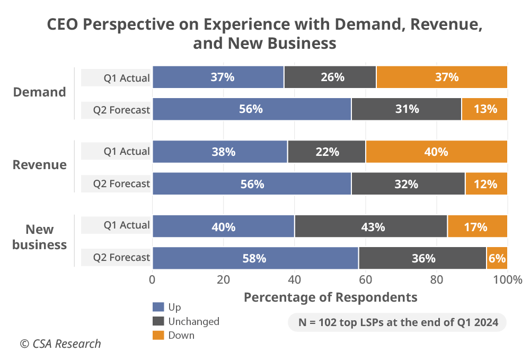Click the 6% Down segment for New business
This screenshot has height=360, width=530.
[497, 258]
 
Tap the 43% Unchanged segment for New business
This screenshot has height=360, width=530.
[371, 226]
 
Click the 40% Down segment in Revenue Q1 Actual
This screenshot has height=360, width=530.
[436, 152]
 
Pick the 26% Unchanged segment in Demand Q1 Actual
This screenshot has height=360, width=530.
[330, 77]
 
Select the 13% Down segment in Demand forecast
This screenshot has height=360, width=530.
[484, 109]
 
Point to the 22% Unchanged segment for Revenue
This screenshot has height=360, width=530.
[326, 152]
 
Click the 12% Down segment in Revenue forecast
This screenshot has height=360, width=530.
[486, 184]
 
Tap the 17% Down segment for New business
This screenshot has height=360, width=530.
[477, 226]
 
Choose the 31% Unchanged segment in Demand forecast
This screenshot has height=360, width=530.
[407, 109]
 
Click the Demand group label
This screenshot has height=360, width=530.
[40, 92]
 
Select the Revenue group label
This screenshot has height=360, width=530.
[40, 164]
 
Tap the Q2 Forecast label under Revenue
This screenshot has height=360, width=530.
[121, 184]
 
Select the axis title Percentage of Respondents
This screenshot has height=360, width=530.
[330, 297]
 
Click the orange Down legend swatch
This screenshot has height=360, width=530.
[158, 335]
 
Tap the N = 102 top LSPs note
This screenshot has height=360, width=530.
[397, 322]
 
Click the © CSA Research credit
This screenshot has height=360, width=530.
[60, 344]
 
